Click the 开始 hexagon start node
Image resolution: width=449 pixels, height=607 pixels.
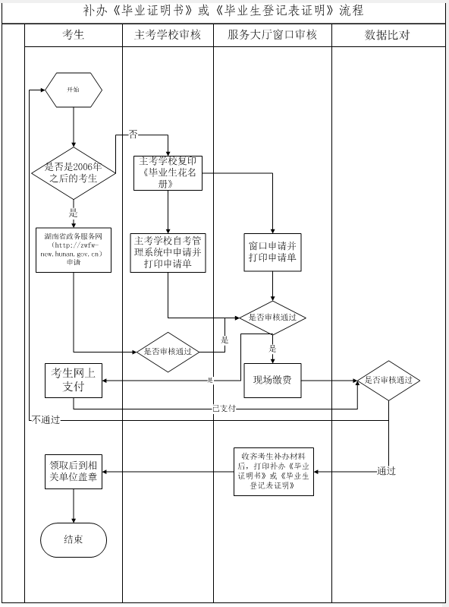pos(73,89)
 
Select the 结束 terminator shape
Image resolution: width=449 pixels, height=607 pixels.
pos(74,539)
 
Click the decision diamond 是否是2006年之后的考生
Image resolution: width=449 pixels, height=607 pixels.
pos(73,172)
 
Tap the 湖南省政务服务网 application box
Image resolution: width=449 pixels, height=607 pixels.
pos(74,249)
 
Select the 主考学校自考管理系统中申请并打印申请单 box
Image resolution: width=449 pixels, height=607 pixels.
pos(168,253)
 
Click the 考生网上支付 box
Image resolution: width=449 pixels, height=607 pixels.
pos(74,380)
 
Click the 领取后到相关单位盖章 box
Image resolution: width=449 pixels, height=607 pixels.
pos(74,472)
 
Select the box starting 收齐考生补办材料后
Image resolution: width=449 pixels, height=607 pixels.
pos(273,472)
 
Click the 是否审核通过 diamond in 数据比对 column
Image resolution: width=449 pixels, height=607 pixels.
pos(388,380)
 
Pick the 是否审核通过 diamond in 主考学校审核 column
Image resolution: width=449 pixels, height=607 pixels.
pos(168,352)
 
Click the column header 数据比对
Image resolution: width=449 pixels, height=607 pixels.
pos(389,35)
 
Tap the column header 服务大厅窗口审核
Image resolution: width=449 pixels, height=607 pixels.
pos(272,35)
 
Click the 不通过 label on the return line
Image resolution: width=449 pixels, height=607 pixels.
pos(46,419)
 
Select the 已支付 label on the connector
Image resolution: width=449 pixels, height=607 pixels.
pos(224,408)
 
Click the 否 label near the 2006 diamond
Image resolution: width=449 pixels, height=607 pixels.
pos(133,134)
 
